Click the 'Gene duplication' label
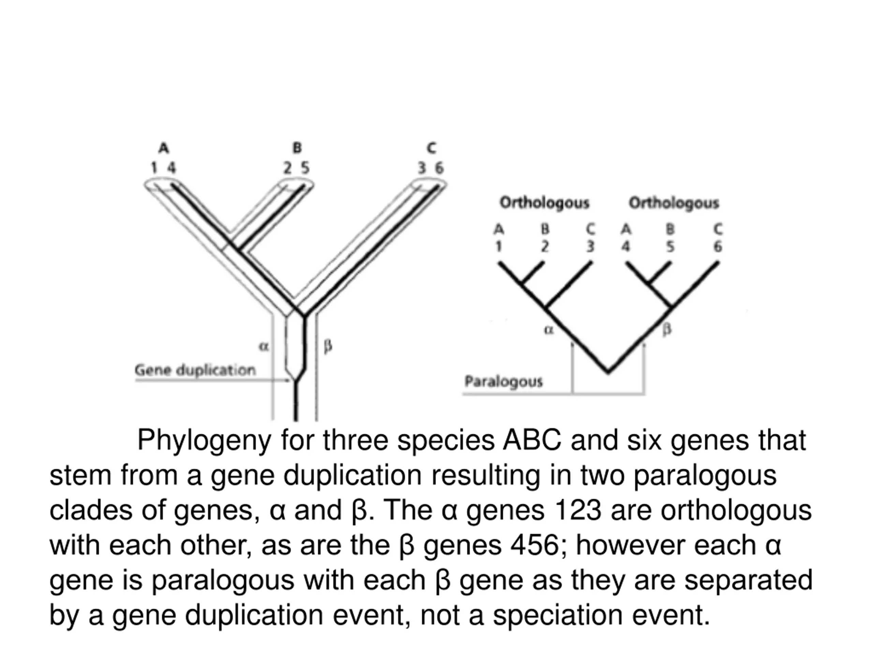pyautogui.click(x=195, y=370)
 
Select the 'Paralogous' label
pyautogui.click(x=504, y=381)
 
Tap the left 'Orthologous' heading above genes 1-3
pyautogui.click(x=544, y=203)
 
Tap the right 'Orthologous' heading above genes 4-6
pyautogui.click(x=674, y=203)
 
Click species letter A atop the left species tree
pyautogui.click(x=163, y=148)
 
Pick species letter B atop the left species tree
pyautogui.click(x=297, y=148)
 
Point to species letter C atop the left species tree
pyautogui.click(x=431, y=148)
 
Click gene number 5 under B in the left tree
pyautogui.click(x=305, y=168)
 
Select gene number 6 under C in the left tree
pyautogui.click(x=439, y=168)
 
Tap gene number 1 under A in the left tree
pyautogui.click(x=154, y=168)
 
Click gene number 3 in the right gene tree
pyautogui.click(x=590, y=246)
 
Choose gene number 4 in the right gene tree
pyautogui.click(x=625, y=246)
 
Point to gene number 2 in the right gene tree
pyautogui.click(x=545, y=246)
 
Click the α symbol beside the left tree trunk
pyautogui.click(x=264, y=347)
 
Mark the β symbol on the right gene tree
pyautogui.click(x=667, y=329)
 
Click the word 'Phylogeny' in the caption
pyautogui.click(x=204, y=440)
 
